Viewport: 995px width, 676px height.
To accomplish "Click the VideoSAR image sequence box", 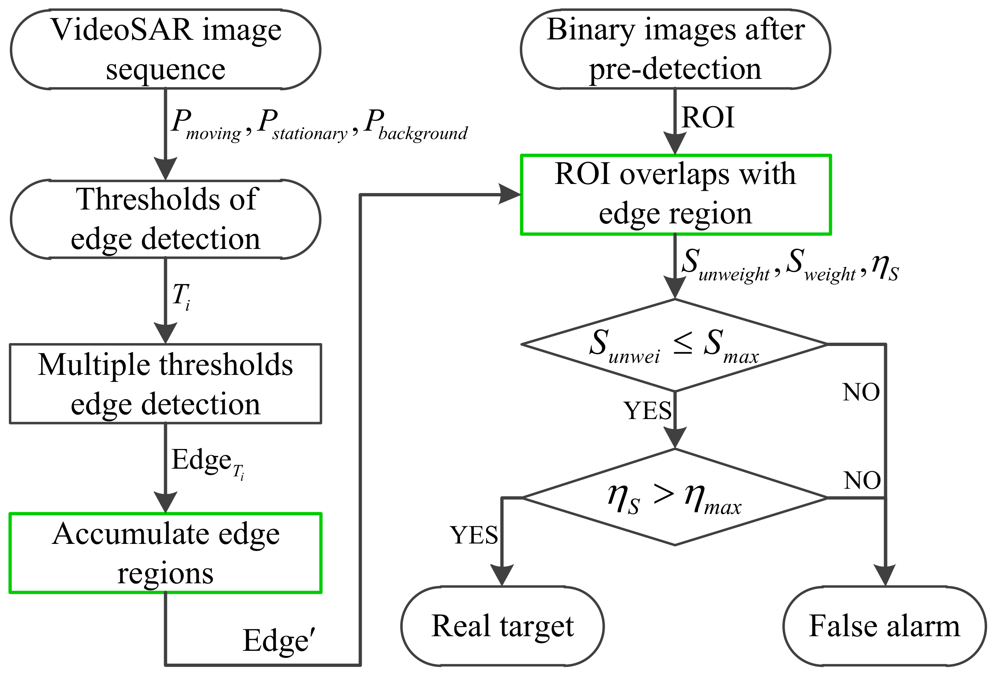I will [x=165, y=49].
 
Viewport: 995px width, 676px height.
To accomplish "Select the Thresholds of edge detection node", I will [x=165, y=219].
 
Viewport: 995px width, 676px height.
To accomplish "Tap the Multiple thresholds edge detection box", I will [x=165, y=384].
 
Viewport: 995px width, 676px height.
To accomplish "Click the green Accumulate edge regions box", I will [x=165, y=553].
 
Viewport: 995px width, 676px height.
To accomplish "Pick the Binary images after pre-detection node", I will [x=675, y=49].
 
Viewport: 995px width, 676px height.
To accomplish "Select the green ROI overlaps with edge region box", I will [x=675, y=195].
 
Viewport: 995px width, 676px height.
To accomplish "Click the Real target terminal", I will [x=502, y=626].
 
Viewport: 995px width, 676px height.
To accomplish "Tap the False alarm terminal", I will [x=884, y=626].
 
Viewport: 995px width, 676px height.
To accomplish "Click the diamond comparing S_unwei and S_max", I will [x=674, y=345].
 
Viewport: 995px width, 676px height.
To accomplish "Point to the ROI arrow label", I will [x=708, y=118].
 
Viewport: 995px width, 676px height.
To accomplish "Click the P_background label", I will [x=415, y=125].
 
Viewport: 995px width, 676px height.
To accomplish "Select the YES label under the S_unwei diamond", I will [x=647, y=410].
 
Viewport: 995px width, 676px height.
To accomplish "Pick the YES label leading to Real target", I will [x=474, y=535].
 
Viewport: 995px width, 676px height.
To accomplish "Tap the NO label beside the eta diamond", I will [x=862, y=480].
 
